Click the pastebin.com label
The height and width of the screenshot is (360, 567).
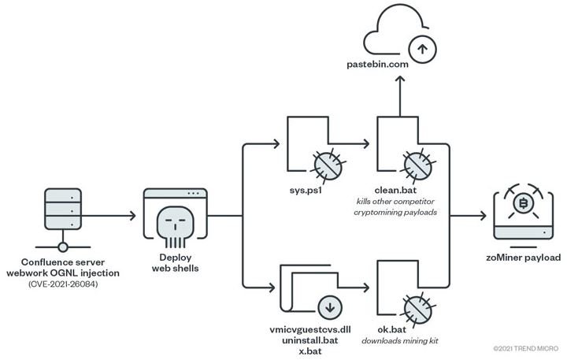pyautogui.click(x=377, y=65)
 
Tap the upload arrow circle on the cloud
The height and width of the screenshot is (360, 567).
pyautogui.click(x=422, y=49)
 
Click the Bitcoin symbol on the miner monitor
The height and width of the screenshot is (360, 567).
pyautogui.click(x=523, y=203)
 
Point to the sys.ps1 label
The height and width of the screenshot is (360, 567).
pyautogui.click(x=306, y=191)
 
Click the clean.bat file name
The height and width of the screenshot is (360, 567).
pyautogui.click(x=395, y=190)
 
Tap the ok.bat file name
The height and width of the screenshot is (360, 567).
pyautogui.click(x=392, y=329)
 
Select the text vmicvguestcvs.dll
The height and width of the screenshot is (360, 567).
pyautogui.click(x=310, y=329)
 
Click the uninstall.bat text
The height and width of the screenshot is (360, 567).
pyautogui.click(x=310, y=340)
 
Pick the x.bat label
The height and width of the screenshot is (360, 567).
pyautogui.click(x=310, y=351)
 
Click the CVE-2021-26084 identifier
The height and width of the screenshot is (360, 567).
pyautogui.click(x=63, y=284)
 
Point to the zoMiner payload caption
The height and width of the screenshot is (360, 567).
pyautogui.click(x=523, y=258)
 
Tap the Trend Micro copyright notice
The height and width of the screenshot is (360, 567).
pyautogui.click(x=526, y=349)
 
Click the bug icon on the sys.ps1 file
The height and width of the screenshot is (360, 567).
pyautogui.click(x=328, y=165)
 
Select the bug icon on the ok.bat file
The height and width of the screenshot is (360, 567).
pyautogui.click(x=418, y=310)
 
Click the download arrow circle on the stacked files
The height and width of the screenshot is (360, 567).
pyautogui.click(x=330, y=307)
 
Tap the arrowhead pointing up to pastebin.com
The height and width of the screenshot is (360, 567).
pyautogui.click(x=400, y=80)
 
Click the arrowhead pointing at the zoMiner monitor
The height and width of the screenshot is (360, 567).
pyautogui.click(x=483, y=216)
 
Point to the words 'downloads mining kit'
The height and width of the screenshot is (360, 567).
pyautogui.click(x=400, y=341)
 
